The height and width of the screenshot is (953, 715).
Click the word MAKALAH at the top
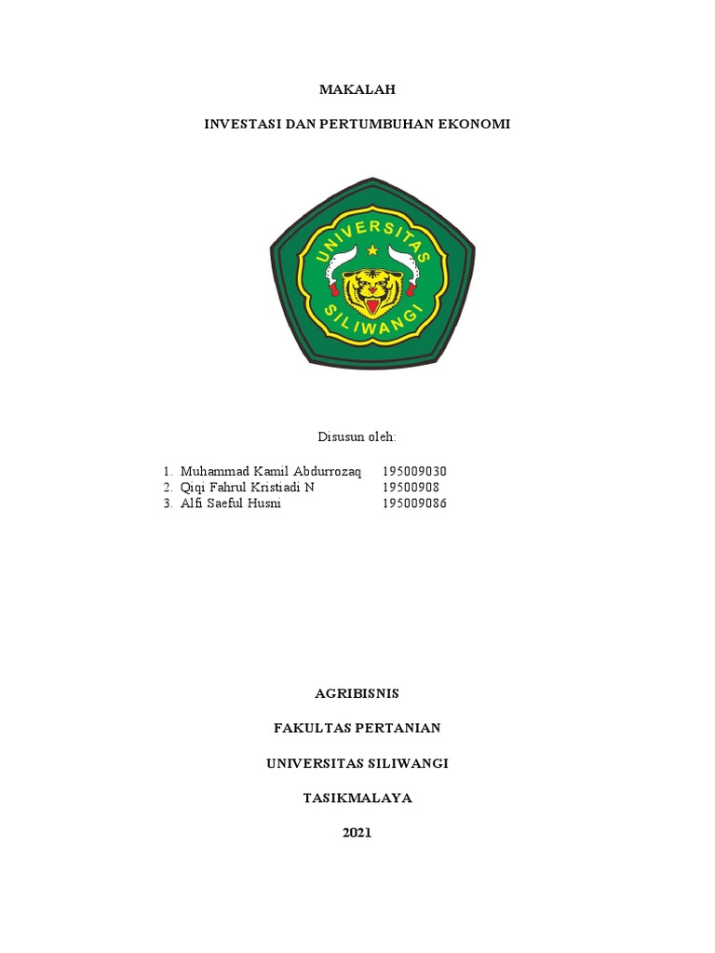(x=357, y=89)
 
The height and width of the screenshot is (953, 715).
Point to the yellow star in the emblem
(x=372, y=250)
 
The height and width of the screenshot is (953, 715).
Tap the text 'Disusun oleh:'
(x=357, y=436)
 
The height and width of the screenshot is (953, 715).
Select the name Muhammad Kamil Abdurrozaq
(x=271, y=471)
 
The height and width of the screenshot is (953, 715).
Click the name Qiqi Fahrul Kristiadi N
(x=248, y=488)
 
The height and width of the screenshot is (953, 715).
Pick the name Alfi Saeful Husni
(x=231, y=504)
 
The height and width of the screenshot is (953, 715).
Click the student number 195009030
(x=414, y=471)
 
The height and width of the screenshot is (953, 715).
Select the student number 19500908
(x=411, y=488)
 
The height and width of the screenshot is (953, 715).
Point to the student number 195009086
(x=414, y=504)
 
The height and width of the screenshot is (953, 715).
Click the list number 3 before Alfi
(x=166, y=504)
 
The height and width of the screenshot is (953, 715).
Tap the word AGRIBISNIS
(x=357, y=693)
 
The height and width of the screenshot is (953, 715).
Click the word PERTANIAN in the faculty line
(x=400, y=728)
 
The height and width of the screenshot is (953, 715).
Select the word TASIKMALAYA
(x=357, y=798)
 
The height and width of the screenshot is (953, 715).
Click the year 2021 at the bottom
(x=357, y=833)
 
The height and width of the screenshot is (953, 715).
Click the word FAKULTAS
(x=312, y=728)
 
